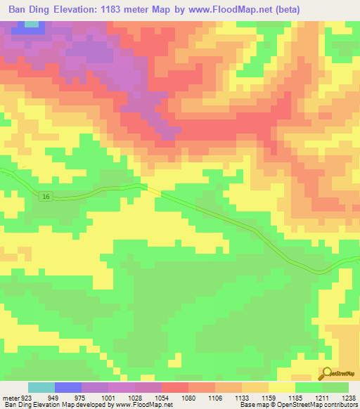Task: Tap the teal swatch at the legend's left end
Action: [x=41, y=388]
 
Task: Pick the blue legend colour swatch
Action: [x=68, y=388]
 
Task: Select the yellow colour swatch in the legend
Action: [x=282, y=388]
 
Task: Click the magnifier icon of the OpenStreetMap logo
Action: [x=326, y=374]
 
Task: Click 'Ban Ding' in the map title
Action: [x=32, y=10]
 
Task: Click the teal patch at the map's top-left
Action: [x=31, y=25]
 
